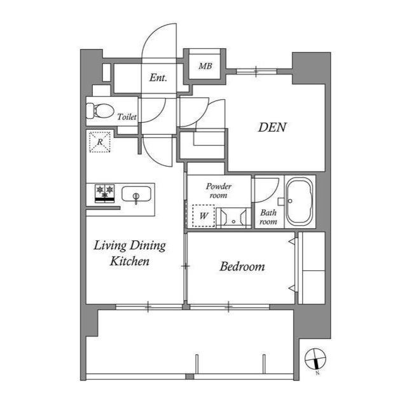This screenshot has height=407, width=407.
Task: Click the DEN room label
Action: point(272,127)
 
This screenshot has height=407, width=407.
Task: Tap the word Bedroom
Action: point(242,267)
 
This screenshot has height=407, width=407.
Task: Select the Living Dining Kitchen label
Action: point(130,252)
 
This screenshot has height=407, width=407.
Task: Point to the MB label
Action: point(205,66)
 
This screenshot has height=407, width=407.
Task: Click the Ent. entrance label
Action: point(158,78)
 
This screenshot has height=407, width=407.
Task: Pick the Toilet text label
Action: point(127,117)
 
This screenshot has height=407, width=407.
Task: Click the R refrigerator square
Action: point(99,142)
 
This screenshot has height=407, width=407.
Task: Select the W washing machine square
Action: point(203,216)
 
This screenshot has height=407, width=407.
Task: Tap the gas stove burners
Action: point(105,192)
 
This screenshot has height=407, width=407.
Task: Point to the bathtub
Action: point(299,201)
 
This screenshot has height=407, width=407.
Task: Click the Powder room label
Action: point(218,191)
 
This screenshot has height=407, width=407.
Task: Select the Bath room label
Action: point(268,217)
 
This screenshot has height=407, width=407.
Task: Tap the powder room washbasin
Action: point(233,217)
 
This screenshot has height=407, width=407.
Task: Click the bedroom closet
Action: point(312,268)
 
